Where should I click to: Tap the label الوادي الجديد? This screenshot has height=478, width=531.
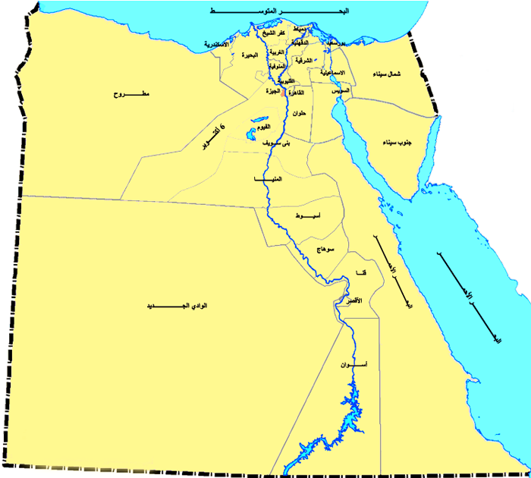[x=182, y=307]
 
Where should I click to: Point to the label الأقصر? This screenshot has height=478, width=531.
[x=353, y=301]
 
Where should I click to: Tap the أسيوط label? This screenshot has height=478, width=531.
[x=309, y=216]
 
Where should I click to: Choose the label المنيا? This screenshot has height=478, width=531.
[x=270, y=179]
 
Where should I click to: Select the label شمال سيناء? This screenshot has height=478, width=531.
[x=387, y=74]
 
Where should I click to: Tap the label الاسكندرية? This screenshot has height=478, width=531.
[x=222, y=45]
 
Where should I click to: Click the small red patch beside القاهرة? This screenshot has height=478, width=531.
[x=283, y=95]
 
